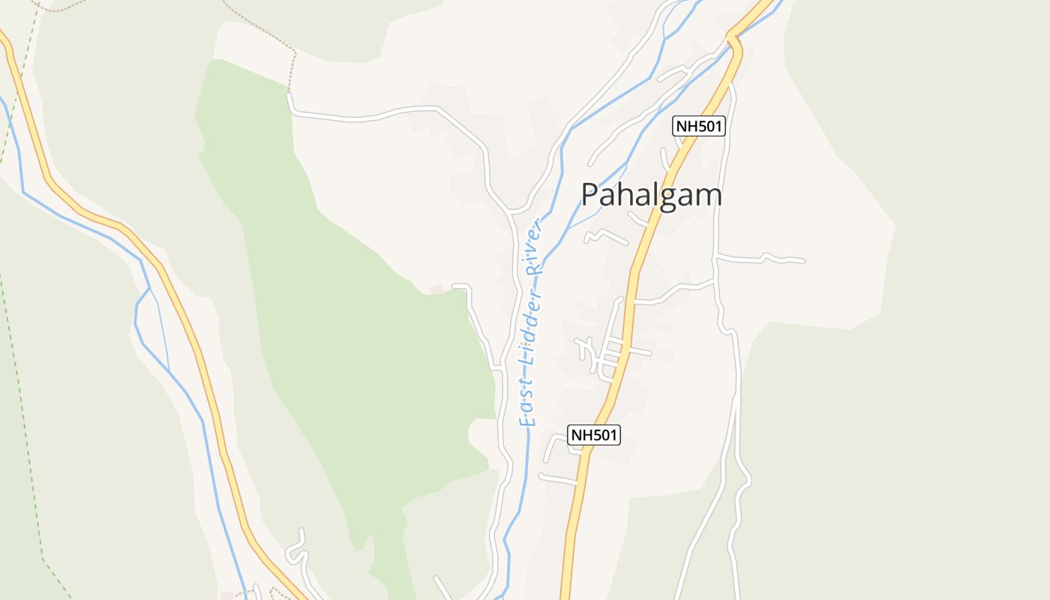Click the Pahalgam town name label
(651, 195)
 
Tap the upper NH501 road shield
(698, 126)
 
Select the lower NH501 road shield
(594, 435)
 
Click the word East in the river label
(529, 408)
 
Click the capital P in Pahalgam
(591, 195)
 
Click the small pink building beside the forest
(436, 289)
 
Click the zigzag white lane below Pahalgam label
(604, 236)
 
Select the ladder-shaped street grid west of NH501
(611, 352)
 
